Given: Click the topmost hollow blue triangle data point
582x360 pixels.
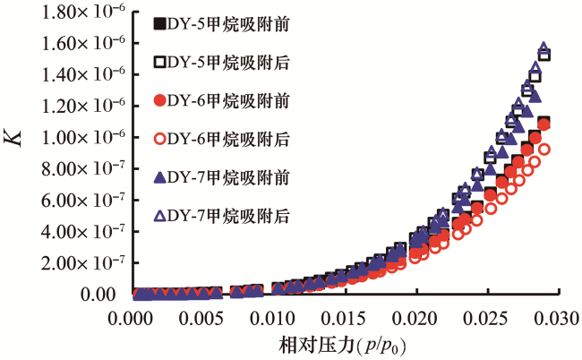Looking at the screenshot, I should click(x=543, y=48).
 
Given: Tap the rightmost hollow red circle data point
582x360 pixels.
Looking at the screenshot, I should click(x=543, y=150).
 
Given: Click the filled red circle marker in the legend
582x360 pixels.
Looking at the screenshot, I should click(x=160, y=99).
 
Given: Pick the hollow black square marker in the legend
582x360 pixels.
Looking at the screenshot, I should click(x=160, y=61).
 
